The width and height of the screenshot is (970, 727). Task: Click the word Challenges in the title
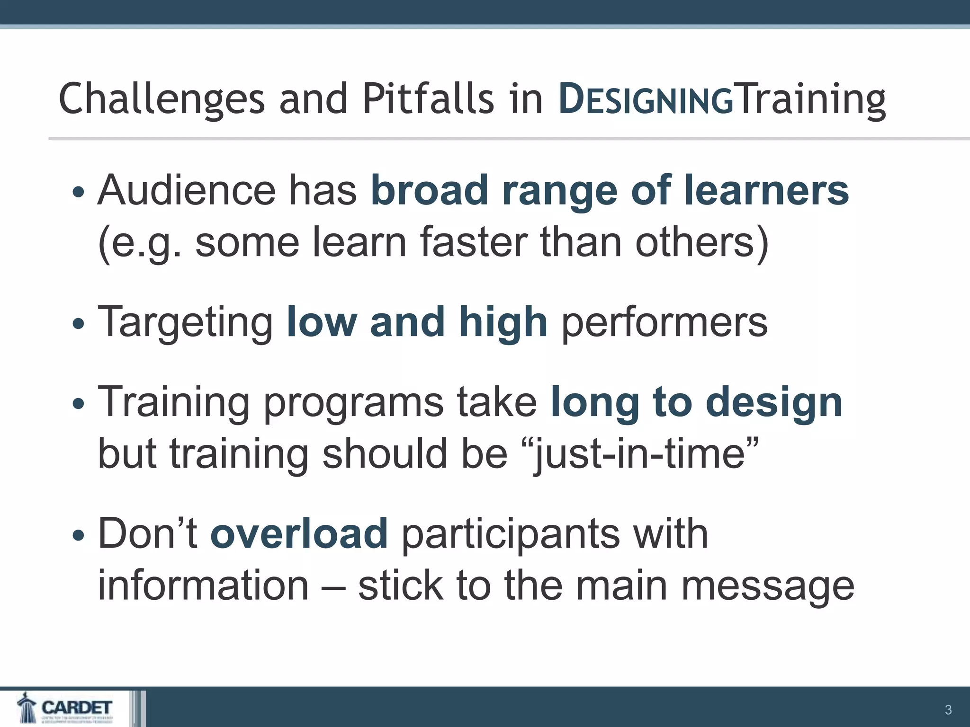(x=161, y=99)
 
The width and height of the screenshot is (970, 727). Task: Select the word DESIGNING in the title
(x=646, y=99)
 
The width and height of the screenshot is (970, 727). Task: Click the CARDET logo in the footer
(x=66, y=708)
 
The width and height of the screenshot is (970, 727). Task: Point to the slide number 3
(x=948, y=709)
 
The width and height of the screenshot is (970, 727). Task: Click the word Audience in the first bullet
(x=187, y=190)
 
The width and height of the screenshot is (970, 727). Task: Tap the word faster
(x=473, y=242)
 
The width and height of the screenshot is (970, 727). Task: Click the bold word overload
(x=299, y=534)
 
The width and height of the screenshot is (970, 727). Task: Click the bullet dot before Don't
(x=79, y=536)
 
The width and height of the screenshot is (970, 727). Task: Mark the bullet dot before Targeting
(x=79, y=324)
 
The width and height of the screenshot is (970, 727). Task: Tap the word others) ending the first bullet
(x=701, y=242)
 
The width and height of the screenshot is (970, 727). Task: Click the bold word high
(x=503, y=322)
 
